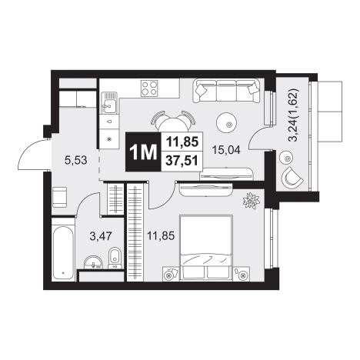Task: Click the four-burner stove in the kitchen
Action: (149, 88)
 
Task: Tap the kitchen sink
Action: (109, 103)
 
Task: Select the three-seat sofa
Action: (226, 91)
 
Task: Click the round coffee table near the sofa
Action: (226, 122)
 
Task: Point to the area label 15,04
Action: (226, 150)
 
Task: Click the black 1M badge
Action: (143, 152)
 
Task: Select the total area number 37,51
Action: (182, 161)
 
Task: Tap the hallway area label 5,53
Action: (76, 161)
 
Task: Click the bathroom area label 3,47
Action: (101, 236)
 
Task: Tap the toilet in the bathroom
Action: (115, 258)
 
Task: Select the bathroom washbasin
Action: (93, 262)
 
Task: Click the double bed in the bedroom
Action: (207, 248)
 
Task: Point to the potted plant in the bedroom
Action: (251, 201)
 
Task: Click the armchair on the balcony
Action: (292, 177)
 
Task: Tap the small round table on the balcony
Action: (286, 159)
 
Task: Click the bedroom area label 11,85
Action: (161, 235)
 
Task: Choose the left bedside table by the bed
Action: (171, 274)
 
